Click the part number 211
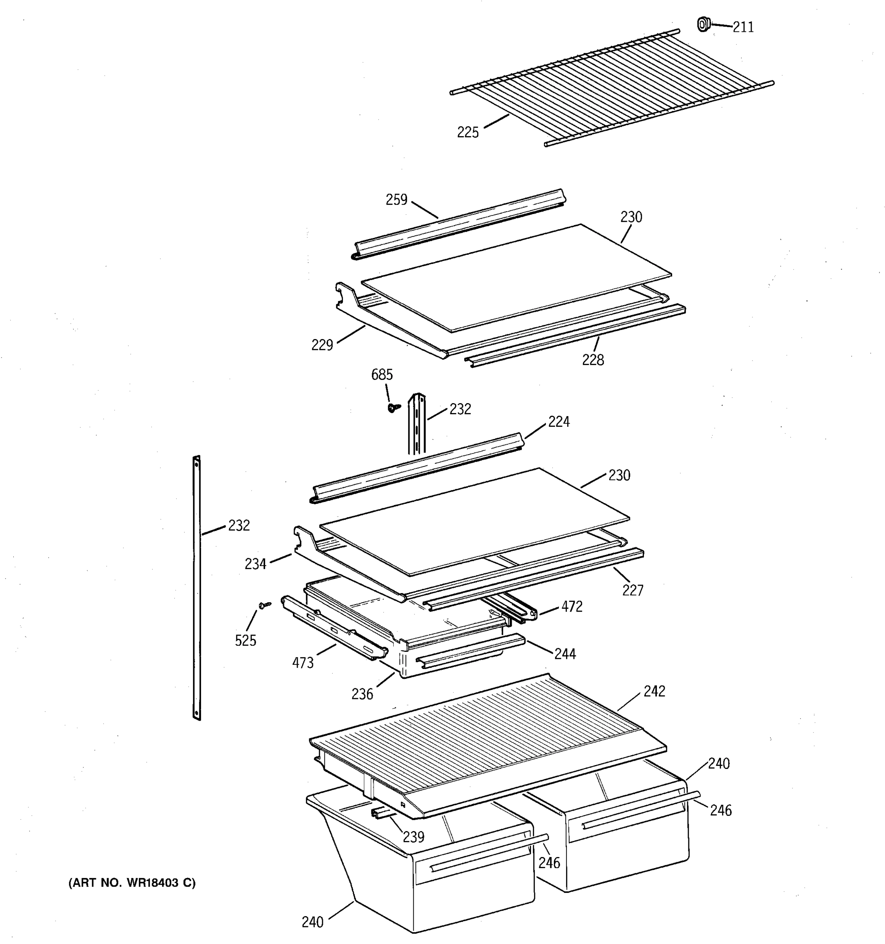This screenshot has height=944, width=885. pos(743,28)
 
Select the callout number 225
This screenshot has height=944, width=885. pos(468,133)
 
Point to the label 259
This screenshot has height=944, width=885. pos(396,200)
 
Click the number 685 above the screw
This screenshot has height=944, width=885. pos(382,375)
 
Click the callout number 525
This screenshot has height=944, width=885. pos(245,641)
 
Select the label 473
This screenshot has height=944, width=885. pos(303,663)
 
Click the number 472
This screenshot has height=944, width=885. pos(572,607)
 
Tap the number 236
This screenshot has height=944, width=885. pos(362,695)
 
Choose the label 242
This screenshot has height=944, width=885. pos(654,691)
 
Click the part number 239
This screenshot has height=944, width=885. pos(413,837)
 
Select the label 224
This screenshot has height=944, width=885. pos(559,422)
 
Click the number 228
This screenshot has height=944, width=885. pos(593,360)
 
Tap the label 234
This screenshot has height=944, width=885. pos(255,564)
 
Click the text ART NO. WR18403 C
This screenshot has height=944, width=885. pos(132,883)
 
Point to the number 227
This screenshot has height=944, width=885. pos(633,591)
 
